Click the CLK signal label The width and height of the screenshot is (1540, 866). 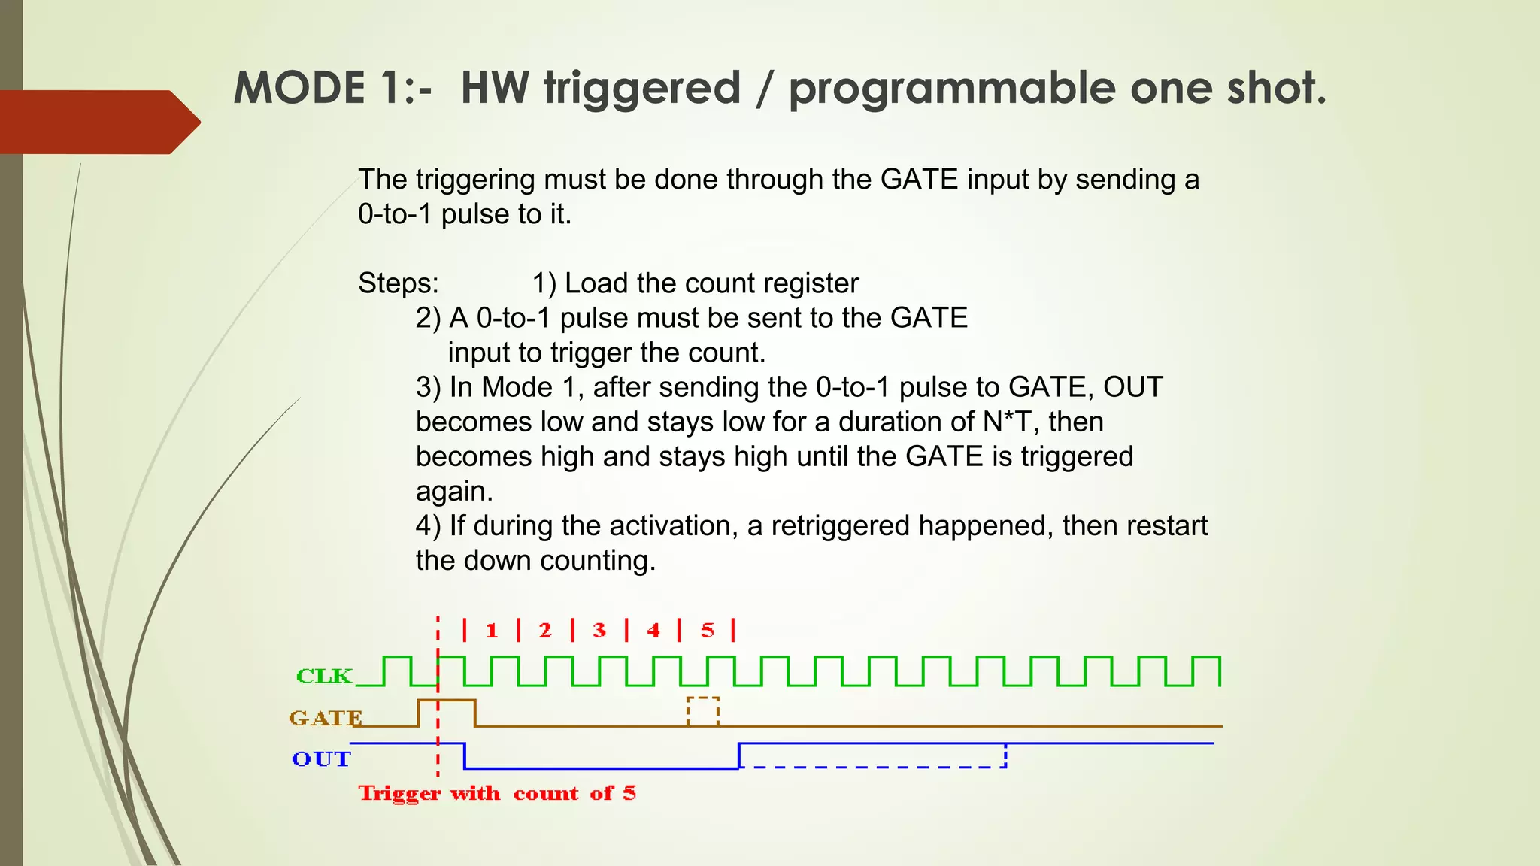tap(324, 676)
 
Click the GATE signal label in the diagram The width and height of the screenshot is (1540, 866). tap(326, 718)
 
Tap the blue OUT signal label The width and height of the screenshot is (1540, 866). tap(321, 759)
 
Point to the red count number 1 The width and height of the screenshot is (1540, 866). tap(492, 631)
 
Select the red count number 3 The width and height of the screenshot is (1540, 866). tap(599, 631)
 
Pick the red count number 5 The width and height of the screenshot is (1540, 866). tap(708, 631)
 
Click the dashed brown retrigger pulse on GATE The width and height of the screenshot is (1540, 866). tap(703, 710)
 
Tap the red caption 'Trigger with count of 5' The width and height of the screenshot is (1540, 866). tap(497, 794)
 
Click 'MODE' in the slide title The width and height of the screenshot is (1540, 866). tap(299, 88)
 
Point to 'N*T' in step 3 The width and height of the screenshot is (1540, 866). tap(1007, 422)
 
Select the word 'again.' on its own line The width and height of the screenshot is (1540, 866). tap(454, 492)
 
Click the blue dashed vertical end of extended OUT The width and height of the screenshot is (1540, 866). tap(1005, 755)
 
